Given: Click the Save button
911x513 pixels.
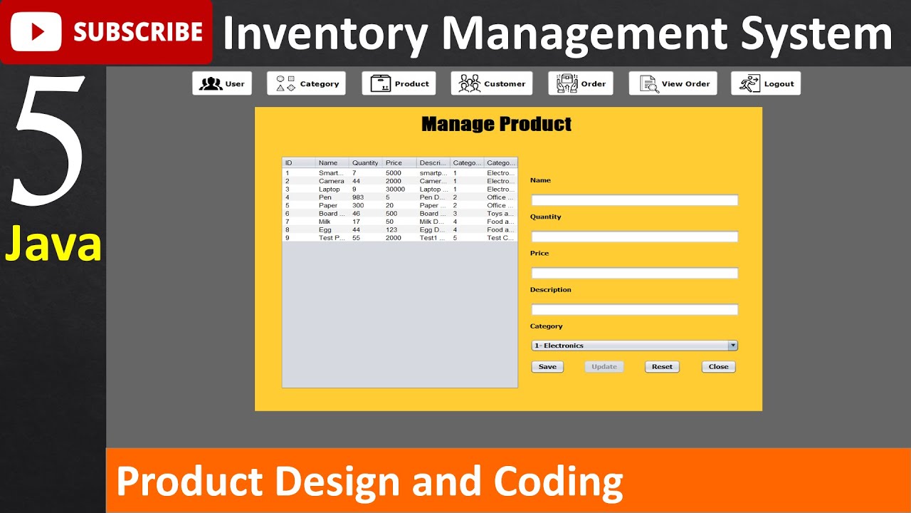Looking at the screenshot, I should pyautogui.click(x=547, y=367).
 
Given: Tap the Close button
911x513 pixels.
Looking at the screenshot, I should pyautogui.click(x=718, y=367).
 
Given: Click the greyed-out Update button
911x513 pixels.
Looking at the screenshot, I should pyautogui.click(x=604, y=367).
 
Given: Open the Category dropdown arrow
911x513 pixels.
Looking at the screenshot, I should pyautogui.click(x=732, y=346).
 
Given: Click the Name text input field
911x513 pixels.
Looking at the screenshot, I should pyautogui.click(x=634, y=200).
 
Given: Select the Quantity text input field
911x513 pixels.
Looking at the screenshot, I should pyautogui.click(x=634, y=237).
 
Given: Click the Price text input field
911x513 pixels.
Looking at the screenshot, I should pyautogui.click(x=634, y=273).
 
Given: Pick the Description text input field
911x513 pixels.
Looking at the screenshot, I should pyautogui.click(x=634, y=309).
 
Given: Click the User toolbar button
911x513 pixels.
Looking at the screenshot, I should pyautogui.click(x=222, y=83).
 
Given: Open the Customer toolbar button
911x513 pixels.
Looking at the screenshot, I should pyautogui.click(x=492, y=83).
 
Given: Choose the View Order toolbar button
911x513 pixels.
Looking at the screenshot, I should pyautogui.click(x=673, y=83).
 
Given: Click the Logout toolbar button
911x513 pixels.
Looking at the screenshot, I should pyautogui.click(x=766, y=83).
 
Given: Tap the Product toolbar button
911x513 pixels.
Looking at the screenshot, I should pyautogui.click(x=399, y=83).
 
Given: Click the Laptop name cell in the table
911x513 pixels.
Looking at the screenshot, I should pyautogui.click(x=330, y=190).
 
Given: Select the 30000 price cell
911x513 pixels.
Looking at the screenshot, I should pyautogui.click(x=395, y=190).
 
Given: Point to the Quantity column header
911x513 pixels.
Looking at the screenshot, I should pyautogui.click(x=365, y=163).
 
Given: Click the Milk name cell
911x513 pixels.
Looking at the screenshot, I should pyautogui.click(x=325, y=222).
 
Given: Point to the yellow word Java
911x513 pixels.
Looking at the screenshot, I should pyautogui.click(x=53, y=244).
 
